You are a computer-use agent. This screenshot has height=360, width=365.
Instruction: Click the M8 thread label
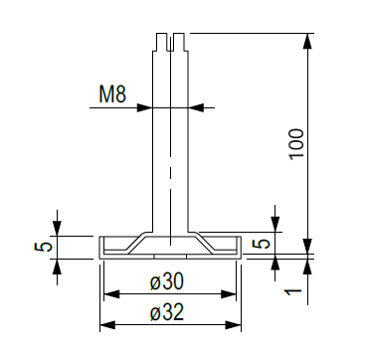[x=112, y=94]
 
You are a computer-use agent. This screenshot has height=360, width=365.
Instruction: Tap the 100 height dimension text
[x=296, y=144]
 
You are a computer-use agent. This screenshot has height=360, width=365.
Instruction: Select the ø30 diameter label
[x=166, y=282]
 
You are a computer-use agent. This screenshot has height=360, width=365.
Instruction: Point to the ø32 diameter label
[x=166, y=312]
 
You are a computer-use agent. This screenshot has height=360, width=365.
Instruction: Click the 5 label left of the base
[x=43, y=247]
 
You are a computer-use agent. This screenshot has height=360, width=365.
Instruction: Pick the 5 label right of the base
[x=262, y=244]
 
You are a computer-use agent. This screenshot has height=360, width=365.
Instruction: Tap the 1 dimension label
[x=293, y=291]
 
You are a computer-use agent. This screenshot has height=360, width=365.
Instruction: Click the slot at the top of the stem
[x=170, y=42]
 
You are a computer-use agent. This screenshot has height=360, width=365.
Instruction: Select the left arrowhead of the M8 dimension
[x=144, y=107]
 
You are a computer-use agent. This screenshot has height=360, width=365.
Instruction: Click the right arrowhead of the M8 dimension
[x=196, y=107]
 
